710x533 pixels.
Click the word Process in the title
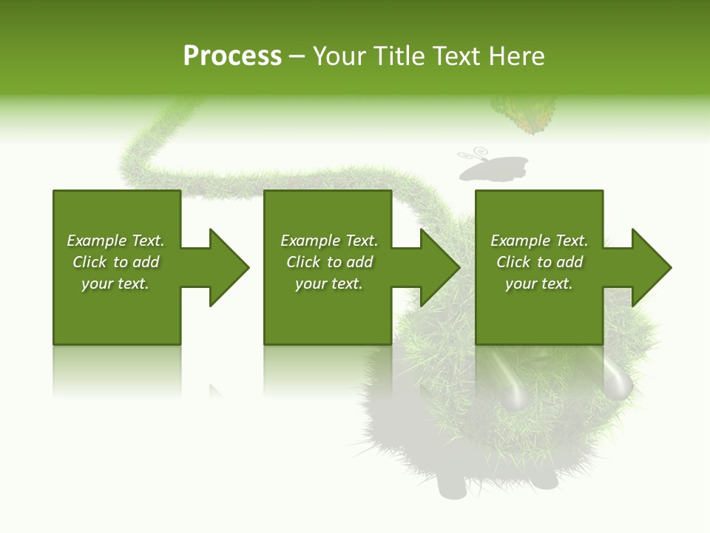point(232,56)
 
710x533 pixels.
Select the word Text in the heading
point(456,56)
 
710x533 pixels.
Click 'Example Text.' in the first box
point(115,241)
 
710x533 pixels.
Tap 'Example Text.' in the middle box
point(329,241)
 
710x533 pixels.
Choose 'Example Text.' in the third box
point(539,241)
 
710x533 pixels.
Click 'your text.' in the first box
point(115,284)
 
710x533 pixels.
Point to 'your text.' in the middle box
point(329,284)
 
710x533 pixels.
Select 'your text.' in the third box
point(539,284)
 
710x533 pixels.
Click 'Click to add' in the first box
point(115,262)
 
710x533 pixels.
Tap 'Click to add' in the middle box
point(329,262)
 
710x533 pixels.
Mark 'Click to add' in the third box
point(539,262)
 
